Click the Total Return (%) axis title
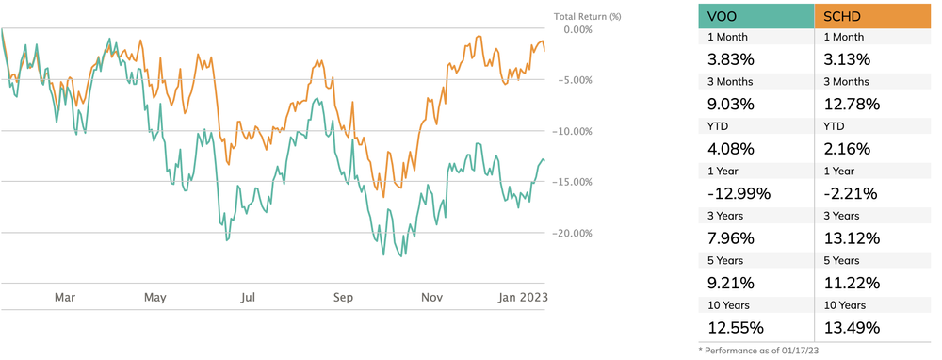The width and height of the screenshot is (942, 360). pyautogui.click(x=587, y=15)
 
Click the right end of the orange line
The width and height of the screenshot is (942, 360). pyautogui.click(x=544, y=51)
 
